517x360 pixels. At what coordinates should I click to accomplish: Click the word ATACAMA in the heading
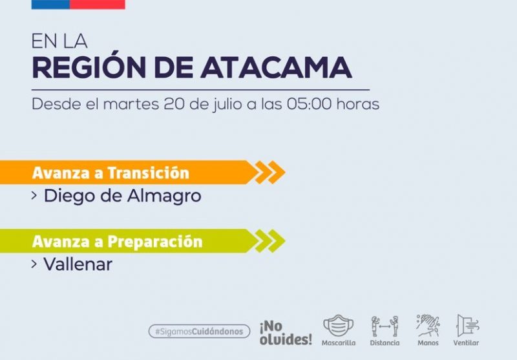(x=277, y=68)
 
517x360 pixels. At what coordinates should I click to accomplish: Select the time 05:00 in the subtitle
(x=310, y=104)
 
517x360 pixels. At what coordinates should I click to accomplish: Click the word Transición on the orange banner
(x=149, y=173)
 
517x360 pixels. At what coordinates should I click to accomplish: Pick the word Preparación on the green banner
(x=155, y=242)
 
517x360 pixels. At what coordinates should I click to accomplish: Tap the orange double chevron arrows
(x=270, y=172)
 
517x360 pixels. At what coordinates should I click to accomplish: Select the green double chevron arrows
(x=270, y=241)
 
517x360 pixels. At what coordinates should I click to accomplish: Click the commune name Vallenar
(x=78, y=264)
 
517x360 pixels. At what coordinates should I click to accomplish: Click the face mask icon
(x=338, y=325)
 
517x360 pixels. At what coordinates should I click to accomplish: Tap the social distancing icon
(x=385, y=326)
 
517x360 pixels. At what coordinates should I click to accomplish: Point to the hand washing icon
(x=428, y=325)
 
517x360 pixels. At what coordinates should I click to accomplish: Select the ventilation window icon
(x=467, y=325)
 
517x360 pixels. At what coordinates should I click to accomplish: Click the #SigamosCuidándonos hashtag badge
(x=199, y=331)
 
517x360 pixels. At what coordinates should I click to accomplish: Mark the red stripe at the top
(x=98, y=5)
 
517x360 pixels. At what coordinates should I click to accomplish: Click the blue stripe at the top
(x=50, y=5)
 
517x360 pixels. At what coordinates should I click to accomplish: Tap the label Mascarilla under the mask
(x=339, y=343)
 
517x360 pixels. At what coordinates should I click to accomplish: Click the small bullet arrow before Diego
(x=34, y=196)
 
